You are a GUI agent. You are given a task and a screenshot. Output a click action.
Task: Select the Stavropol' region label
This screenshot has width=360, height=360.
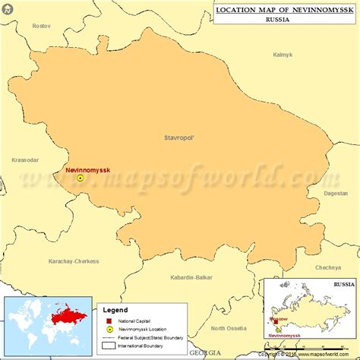[x=179, y=137]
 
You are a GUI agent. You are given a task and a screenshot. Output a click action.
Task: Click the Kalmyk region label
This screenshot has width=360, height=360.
[x=283, y=55]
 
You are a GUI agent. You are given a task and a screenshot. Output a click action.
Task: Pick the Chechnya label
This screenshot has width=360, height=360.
[x=328, y=267]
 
